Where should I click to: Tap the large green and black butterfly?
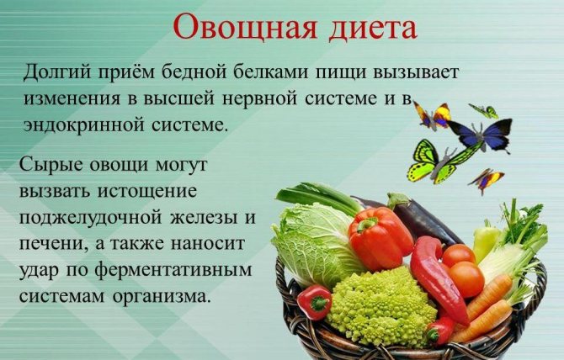(x=439, y=161)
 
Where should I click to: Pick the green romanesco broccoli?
(x=380, y=304)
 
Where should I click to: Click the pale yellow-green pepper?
(x=485, y=240)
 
